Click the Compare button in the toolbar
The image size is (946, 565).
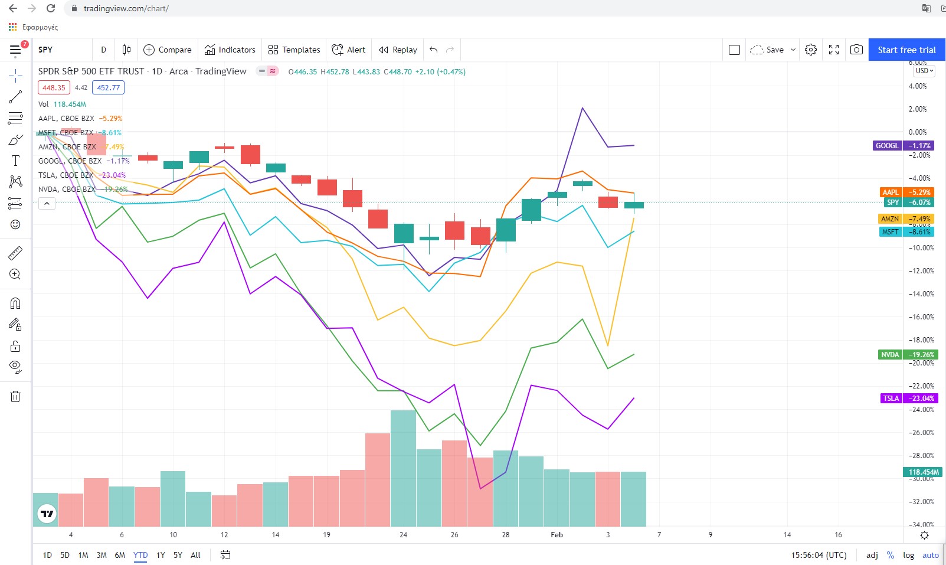tap(168, 50)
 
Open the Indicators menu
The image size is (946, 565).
tap(230, 50)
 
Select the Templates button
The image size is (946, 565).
tap(294, 50)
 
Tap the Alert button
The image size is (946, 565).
tap(349, 50)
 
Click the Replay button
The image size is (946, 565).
tap(398, 50)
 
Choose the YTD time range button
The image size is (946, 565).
tap(140, 555)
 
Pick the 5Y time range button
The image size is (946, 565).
tap(178, 555)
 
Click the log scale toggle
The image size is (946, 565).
tap(908, 555)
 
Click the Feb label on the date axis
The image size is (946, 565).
tap(557, 535)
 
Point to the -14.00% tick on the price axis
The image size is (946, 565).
tap(921, 294)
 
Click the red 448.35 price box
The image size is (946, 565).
tap(54, 88)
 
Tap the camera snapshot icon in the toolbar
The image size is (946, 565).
tap(856, 50)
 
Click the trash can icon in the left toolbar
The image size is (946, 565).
tap(15, 396)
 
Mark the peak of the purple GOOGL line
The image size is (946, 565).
tap(582, 108)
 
